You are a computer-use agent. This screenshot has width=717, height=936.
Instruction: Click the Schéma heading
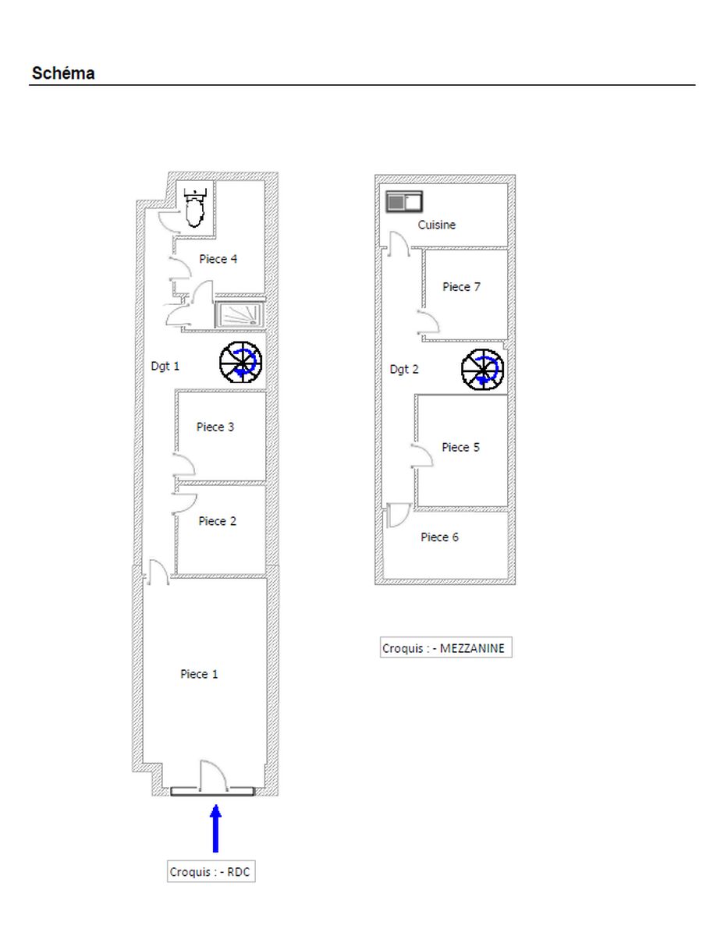click(x=63, y=73)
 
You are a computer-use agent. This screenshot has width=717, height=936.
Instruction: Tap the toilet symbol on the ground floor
click(x=194, y=207)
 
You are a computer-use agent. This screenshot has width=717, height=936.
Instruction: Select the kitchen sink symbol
click(x=403, y=201)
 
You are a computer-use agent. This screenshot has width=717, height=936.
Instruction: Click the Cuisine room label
click(x=436, y=225)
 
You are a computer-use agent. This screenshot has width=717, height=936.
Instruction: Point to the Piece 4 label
click(x=218, y=259)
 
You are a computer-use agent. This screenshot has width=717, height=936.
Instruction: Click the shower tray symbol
click(x=240, y=314)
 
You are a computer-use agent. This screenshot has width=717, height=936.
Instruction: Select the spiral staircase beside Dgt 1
click(x=240, y=362)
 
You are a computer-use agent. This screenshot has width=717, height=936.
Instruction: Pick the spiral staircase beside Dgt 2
click(x=482, y=370)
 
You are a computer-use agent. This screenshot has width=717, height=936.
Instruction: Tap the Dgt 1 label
click(x=165, y=367)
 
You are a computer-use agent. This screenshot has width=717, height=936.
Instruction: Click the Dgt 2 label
click(x=404, y=370)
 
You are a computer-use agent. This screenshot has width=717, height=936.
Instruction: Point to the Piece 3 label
click(x=215, y=427)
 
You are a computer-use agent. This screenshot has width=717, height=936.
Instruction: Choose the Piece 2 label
click(x=217, y=521)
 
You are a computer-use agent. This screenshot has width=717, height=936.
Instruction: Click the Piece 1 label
click(x=199, y=674)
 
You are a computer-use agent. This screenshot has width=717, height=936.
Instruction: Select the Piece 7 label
click(x=461, y=287)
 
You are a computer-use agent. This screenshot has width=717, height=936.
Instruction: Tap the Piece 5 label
click(x=460, y=447)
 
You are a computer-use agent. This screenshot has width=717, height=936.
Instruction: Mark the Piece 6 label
click(x=439, y=537)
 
